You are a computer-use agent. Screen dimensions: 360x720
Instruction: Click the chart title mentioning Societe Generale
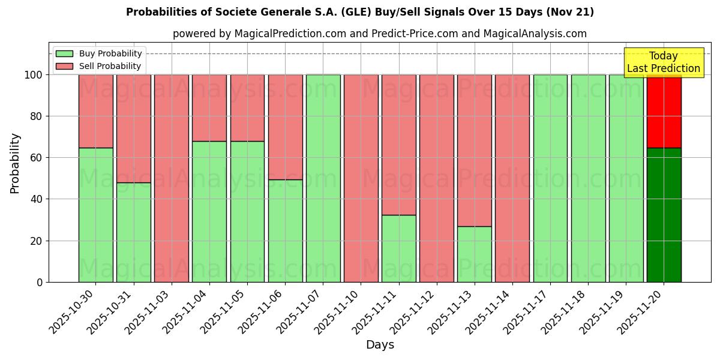(x=360, y=12)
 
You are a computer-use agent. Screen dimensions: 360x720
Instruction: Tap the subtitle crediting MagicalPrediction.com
(x=379, y=34)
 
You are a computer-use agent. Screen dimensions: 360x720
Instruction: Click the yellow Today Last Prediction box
(x=664, y=62)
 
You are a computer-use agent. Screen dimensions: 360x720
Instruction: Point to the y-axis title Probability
(x=15, y=163)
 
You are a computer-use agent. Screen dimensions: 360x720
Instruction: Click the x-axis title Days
(x=380, y=344)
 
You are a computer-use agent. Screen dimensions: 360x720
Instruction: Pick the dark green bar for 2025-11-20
(x=664, y=215)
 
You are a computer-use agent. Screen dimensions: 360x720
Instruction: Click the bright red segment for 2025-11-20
(x=664, y=111)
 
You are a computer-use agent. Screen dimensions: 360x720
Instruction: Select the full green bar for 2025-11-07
(x=323, y=178)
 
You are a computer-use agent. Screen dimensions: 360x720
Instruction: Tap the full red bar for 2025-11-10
(x=361, y=178)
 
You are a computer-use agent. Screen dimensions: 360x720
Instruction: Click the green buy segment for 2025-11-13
(x=474, y=254)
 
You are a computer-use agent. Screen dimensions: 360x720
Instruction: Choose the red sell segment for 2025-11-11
(x=398, y=145)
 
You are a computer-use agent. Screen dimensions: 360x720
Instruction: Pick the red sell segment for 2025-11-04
(x=209, y=108)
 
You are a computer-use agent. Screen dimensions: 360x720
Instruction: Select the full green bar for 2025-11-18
(x=588, y=178)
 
